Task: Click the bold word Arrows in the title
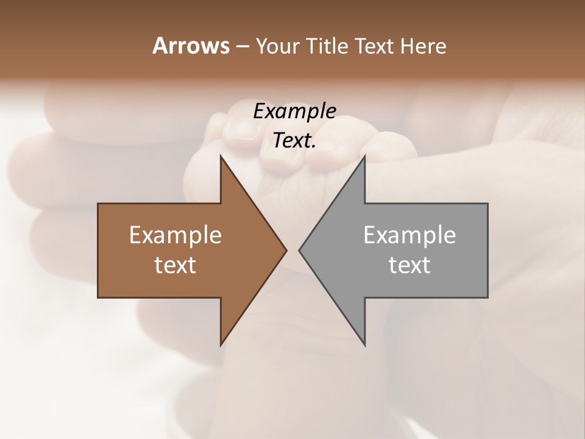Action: [x=191, y=46]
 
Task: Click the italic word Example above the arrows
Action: [x=294, y=111]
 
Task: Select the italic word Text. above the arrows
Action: [x=294, y=141]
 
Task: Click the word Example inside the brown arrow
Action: [x=175, y=235]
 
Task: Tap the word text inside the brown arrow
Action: [x=175, y=265]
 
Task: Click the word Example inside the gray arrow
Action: [x=409, y=235]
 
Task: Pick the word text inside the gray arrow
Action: [x=409, y=265]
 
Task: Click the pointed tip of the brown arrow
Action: [x=286, y=250]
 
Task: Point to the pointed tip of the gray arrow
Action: [x=299, y=250]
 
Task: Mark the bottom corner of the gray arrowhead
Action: [x=364, y=346]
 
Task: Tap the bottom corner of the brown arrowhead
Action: [x=221, y=346]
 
